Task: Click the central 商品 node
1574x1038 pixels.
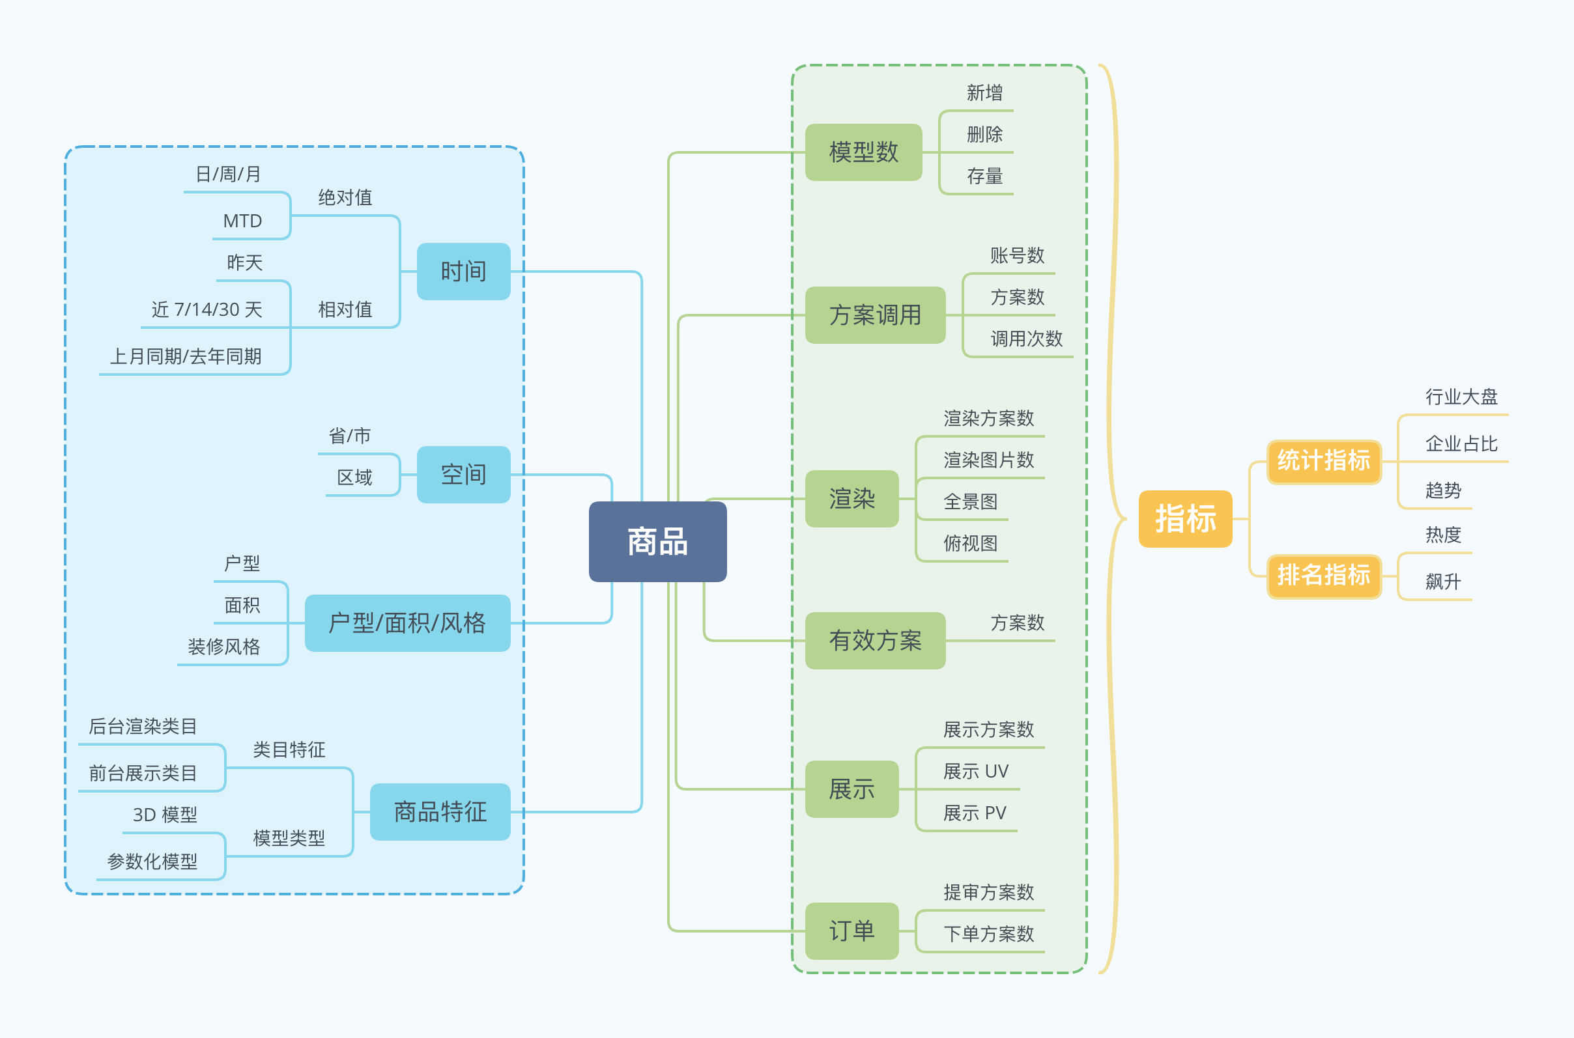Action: pos(657,542)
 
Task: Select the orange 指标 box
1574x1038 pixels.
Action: pos(1185,519)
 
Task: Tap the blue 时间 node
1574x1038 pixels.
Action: pos(463,272)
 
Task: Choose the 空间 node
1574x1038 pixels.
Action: pos(463,475)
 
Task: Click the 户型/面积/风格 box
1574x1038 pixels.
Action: pos(407,623)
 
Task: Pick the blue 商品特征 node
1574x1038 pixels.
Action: pos(440,811)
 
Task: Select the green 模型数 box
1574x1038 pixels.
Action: pos(863,152)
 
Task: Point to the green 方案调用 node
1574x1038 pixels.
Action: pos(876,315)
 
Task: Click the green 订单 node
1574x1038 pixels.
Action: pos(851,931)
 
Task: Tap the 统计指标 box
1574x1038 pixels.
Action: pos(1324,462)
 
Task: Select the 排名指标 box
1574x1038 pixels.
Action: pos(1324,576)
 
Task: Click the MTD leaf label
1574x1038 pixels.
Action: pos(242,221)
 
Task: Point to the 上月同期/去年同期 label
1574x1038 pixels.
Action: pos(186,357)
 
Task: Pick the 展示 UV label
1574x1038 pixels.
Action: pos(976,771)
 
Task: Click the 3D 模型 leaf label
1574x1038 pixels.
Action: pos(165,815)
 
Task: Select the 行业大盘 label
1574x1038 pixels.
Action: pos(1461,397)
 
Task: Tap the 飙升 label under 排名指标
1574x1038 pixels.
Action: pos(1443,582)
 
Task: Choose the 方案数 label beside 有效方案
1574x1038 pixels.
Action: pos(1017,623)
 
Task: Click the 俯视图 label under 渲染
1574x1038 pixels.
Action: pos(970,544)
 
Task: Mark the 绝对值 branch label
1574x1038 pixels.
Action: pos(345,197)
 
